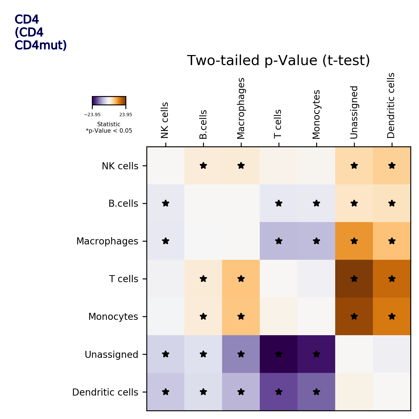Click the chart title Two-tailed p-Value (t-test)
point(278,61)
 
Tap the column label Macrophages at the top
point(241,108)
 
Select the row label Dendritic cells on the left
point(105,392)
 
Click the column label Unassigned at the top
point(354,112)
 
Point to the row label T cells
point(123,279)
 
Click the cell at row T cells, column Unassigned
point(354,279)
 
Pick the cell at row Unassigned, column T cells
point(278,354)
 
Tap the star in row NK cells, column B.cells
point(203,166)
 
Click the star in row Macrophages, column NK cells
point(166,241)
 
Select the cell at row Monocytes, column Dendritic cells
point(392,316)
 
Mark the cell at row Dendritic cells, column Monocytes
point(316,392)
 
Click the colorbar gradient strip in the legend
point(109,101)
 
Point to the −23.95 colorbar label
point(92,115)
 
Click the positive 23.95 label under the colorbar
point(126,115)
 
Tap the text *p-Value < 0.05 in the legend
point(109,131)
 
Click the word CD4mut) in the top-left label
point(41,45)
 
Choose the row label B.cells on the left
point(123,204)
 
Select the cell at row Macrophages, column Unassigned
point(354,241)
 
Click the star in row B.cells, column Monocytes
point(316,203)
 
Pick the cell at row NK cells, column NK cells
point(166,166)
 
